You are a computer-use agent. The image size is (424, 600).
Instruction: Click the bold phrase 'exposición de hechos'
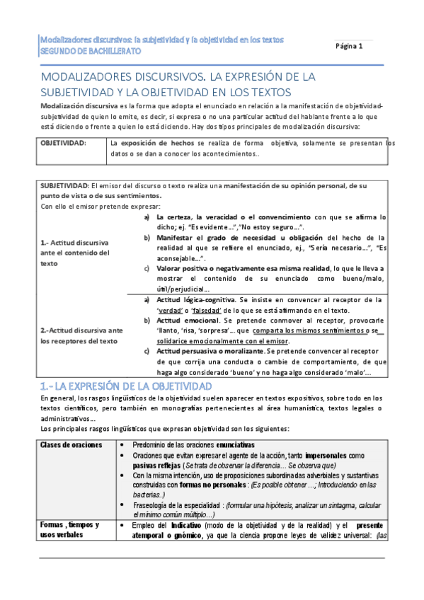(x=160, y=142)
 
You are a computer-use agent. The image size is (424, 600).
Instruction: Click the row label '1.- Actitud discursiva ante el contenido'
(x=74, y=252)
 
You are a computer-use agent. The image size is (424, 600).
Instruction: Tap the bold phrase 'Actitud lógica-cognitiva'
(x=196, y=300)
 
